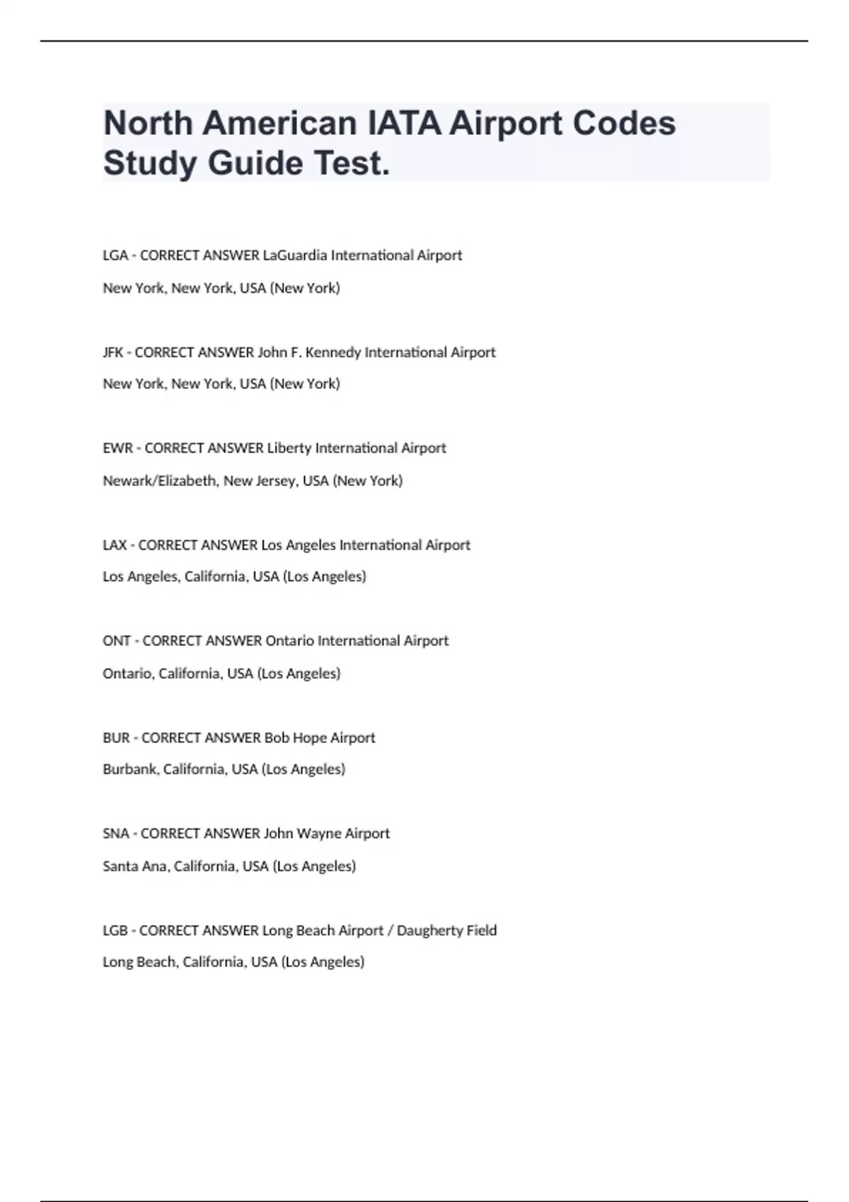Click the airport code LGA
click(115, 255)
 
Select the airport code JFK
click(113, 352)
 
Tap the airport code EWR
click(117, 448)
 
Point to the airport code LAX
click(115, 545)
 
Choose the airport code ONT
click(117, 641)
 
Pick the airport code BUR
click(116, 738)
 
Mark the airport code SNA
click(116, 834)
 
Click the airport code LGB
click(115, 930)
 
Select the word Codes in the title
click(623, 123)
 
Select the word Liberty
click(289, 448)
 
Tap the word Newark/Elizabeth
click(159, 481)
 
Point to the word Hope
click(310, 738)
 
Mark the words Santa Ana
click(135, 866)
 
